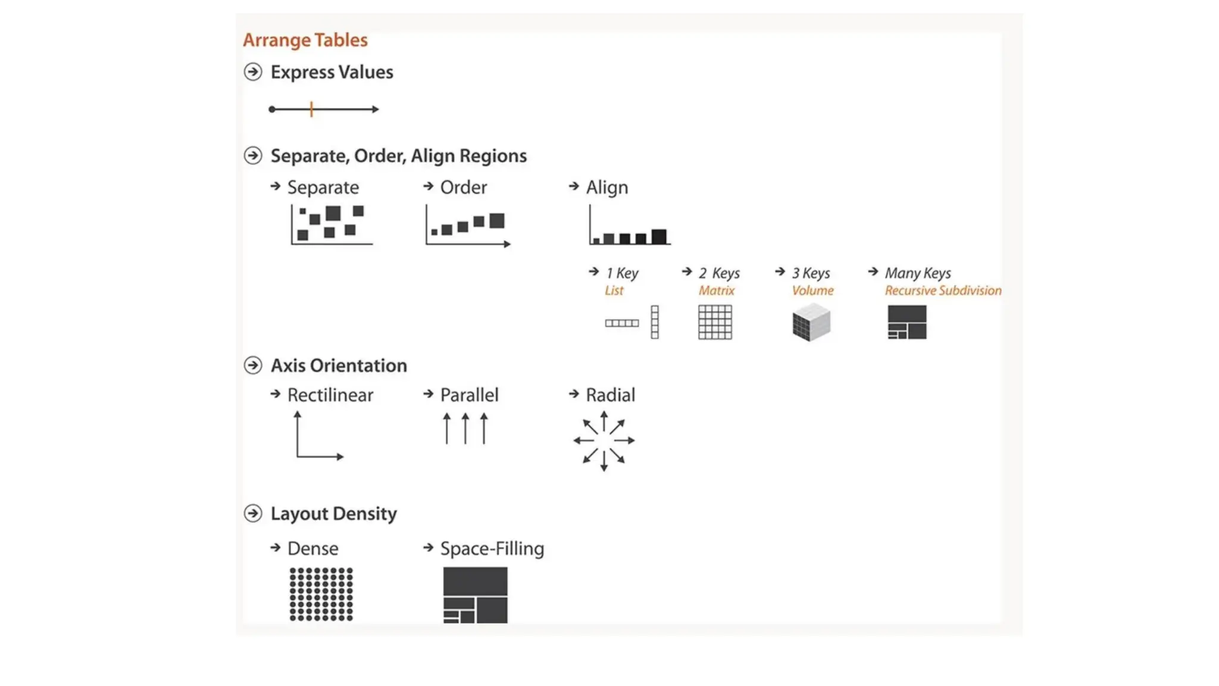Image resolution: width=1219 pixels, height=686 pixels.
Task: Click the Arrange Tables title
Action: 305,40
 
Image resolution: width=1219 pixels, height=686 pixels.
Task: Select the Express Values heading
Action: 332,72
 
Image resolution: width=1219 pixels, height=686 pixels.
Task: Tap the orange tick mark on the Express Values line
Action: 311,109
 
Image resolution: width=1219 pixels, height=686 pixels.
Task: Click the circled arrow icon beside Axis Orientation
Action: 253,365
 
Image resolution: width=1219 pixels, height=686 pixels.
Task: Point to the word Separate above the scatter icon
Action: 323,188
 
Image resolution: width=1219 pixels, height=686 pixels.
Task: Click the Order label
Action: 463,188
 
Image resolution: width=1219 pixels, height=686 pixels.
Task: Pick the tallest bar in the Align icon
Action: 659,236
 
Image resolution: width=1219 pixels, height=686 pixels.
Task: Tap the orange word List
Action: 614,291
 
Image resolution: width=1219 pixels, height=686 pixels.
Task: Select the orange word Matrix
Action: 716,291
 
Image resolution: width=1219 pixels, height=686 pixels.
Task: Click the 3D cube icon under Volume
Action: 811,322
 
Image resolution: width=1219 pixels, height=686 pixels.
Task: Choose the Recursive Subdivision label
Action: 943,291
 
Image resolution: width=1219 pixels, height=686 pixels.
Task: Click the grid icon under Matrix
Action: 715,322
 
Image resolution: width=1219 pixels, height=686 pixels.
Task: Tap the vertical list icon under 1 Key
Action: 655,322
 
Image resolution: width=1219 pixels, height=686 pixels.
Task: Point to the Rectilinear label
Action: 330,395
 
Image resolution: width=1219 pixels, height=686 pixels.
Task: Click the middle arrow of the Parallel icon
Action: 465,428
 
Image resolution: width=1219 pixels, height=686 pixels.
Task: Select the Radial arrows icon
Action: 604,441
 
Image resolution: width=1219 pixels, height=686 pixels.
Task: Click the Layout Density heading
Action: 333,513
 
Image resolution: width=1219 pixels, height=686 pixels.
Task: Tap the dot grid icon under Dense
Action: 321,594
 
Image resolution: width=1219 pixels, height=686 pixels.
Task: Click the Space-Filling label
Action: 492,548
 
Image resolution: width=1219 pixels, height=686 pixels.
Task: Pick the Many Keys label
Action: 917,273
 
